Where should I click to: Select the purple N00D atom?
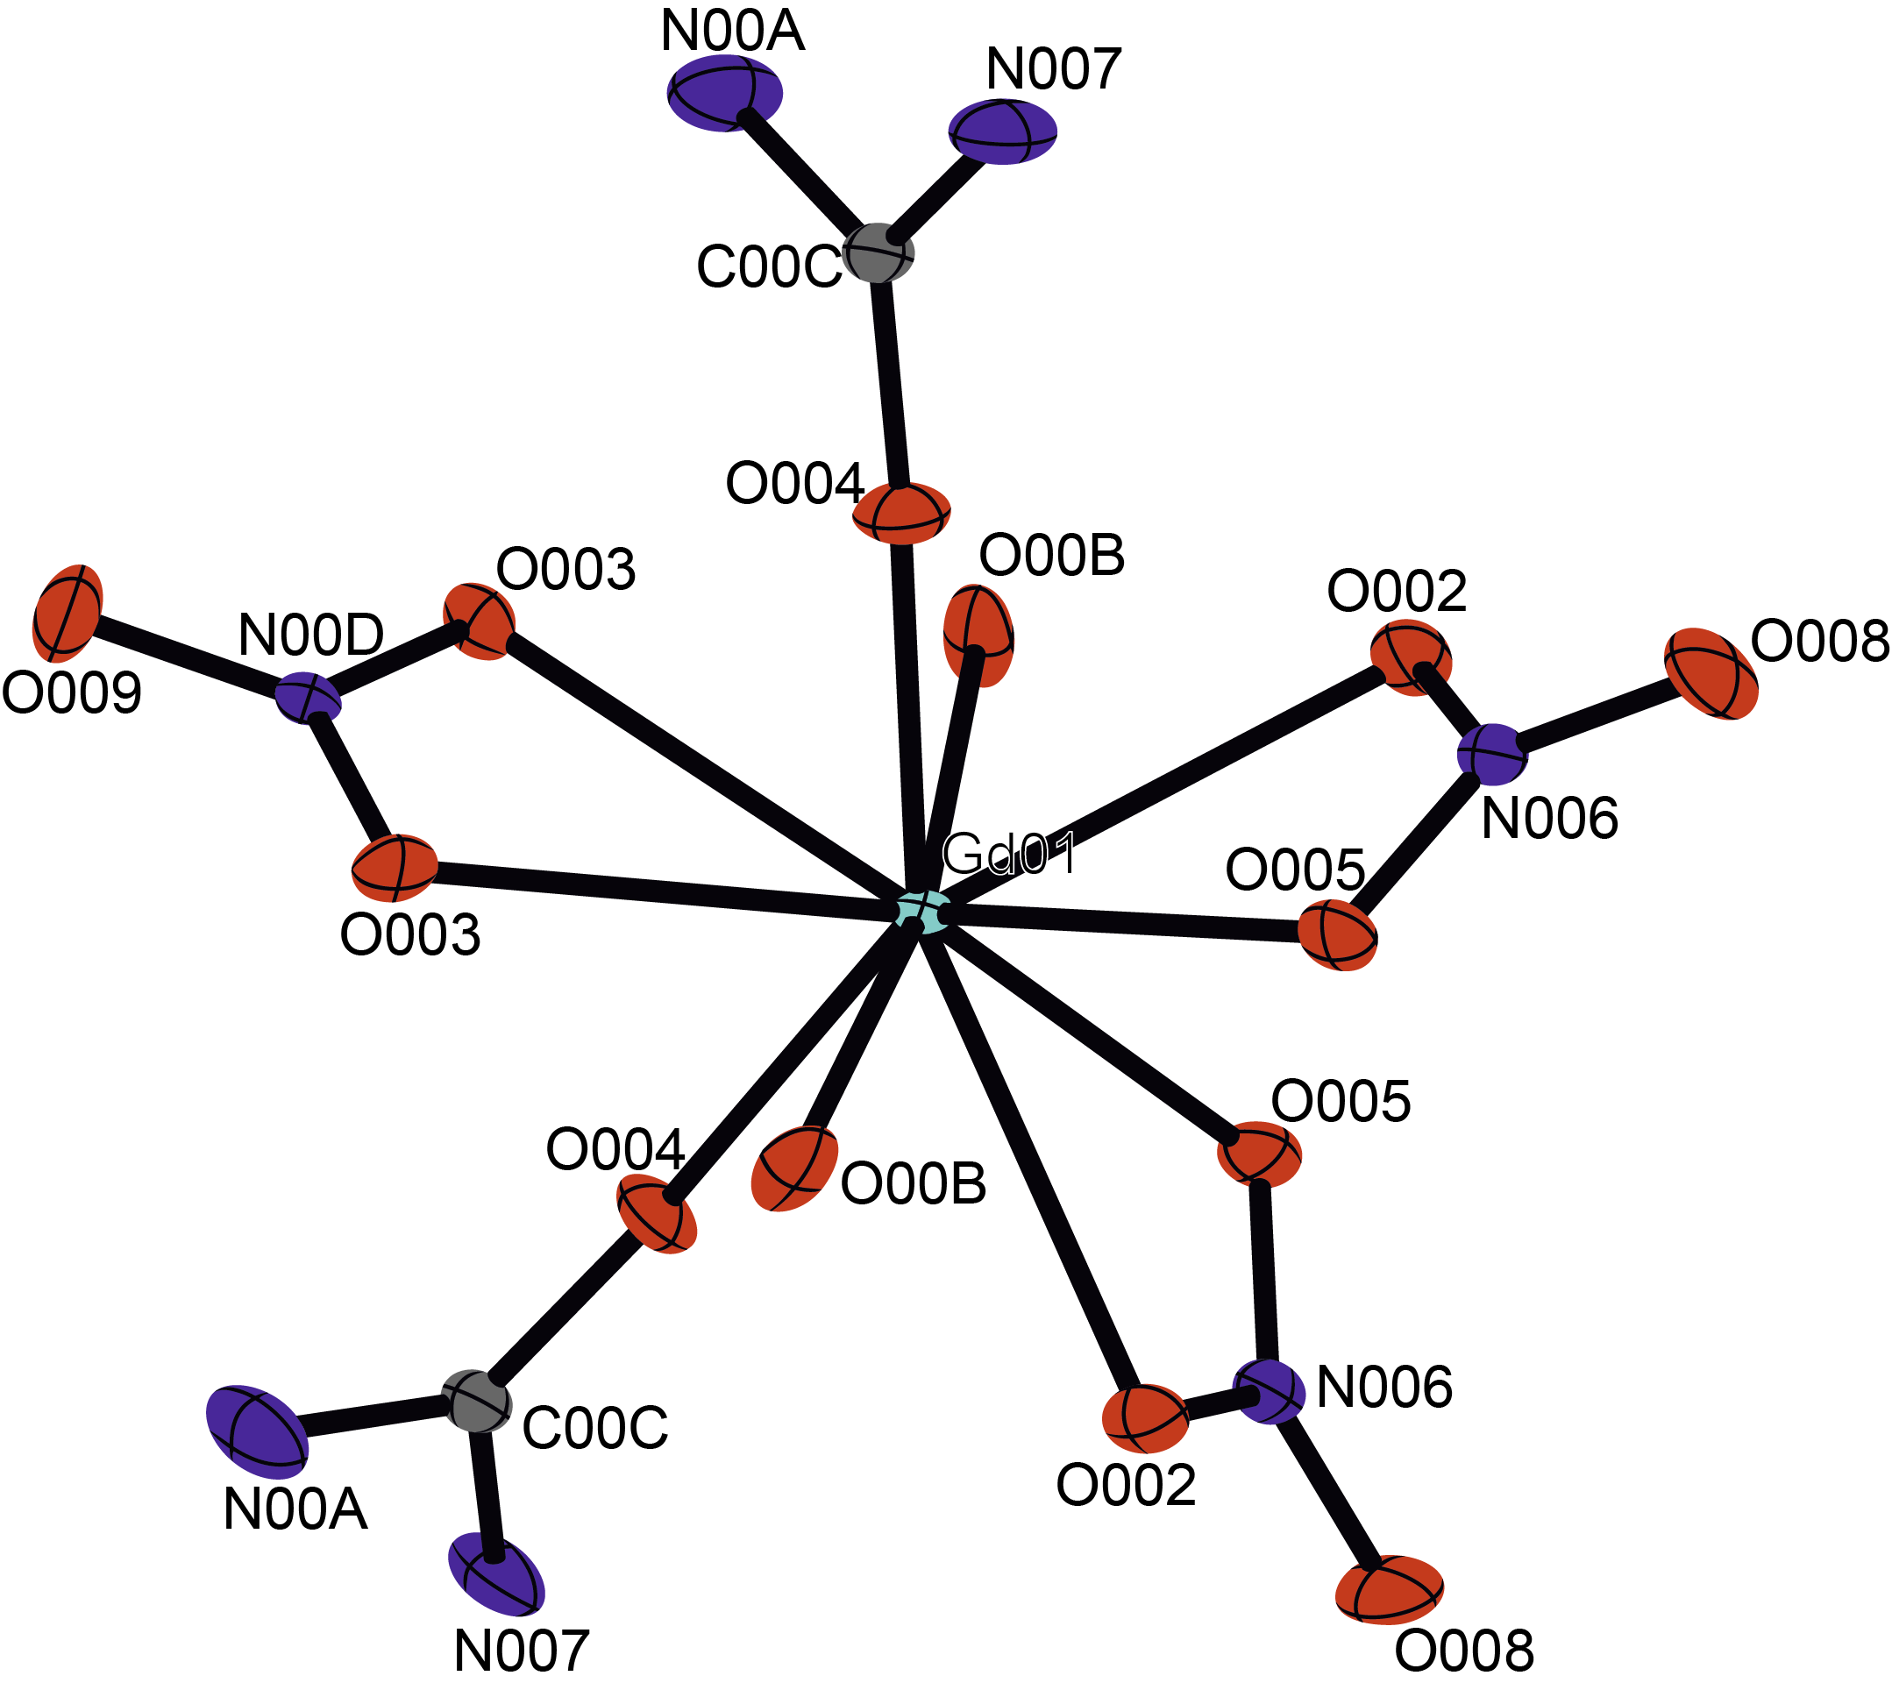[309, 697]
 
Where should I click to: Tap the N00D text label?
[310, 636]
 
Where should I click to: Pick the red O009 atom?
[67, 612]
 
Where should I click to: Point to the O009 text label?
[72, 692]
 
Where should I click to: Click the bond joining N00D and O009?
[186, 654]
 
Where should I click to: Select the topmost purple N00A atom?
[724, 93]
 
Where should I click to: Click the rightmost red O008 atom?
[1711, 673]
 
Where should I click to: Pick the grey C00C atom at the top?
[878, 252]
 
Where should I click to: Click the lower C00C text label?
[594, 1427]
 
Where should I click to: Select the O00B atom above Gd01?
[978, 636]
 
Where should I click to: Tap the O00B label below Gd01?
[913, 1184]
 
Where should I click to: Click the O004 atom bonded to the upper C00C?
[901, 513]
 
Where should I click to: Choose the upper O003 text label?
[565, 568]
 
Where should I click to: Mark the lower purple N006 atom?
[1269, 1391]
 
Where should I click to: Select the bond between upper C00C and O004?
[890, 380]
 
